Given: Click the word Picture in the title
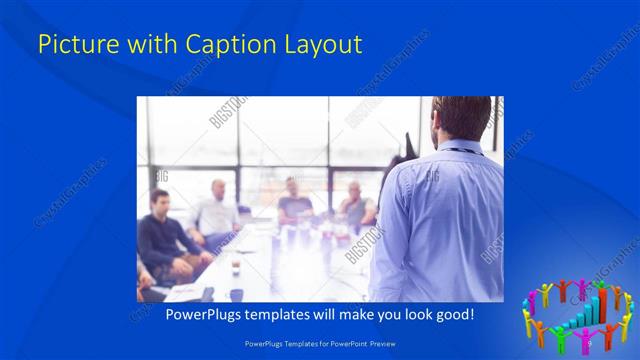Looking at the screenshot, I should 72,44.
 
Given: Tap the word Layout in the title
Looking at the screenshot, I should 319,44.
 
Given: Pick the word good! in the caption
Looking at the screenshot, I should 452,314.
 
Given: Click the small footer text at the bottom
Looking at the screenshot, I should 320,343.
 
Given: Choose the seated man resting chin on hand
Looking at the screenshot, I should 354,205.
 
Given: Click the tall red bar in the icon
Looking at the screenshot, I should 603,306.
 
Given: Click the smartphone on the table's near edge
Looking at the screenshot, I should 208,294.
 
